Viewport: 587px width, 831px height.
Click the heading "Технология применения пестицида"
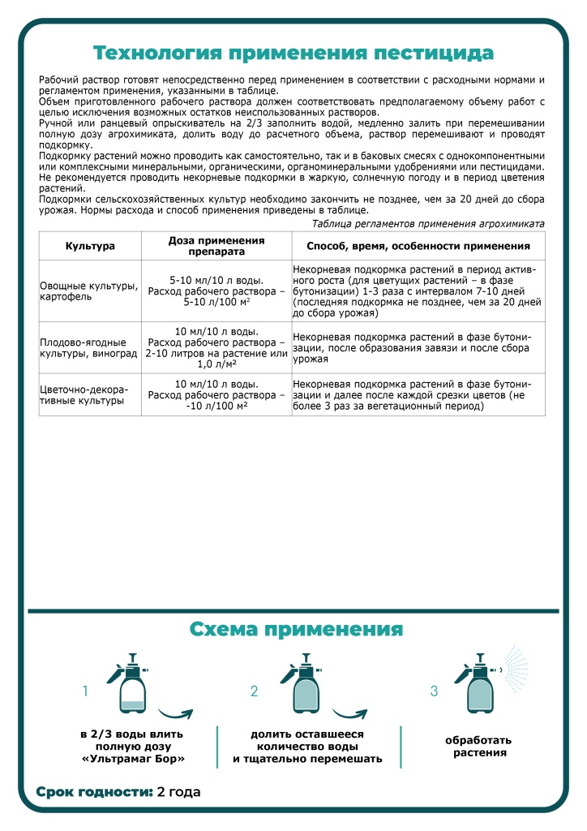(x=293, y=53)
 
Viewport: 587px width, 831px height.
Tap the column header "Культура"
(x=90, y=246)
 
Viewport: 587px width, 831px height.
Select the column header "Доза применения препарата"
(x=216, y=246)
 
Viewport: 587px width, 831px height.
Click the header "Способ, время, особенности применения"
(x=418, y=246)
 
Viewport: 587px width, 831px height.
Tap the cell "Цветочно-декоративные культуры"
(x=90, y=394)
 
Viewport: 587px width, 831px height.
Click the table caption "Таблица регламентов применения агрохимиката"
(x=428, y=223)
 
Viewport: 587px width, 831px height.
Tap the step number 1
(x=85, y=691)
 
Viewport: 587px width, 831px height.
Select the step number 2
(x=254, y=691)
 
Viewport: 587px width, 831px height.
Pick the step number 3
(x=434, y=691)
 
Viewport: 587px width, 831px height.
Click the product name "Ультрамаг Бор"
(x=132, y=760)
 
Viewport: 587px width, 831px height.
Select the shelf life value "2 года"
(x=178, y=791)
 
